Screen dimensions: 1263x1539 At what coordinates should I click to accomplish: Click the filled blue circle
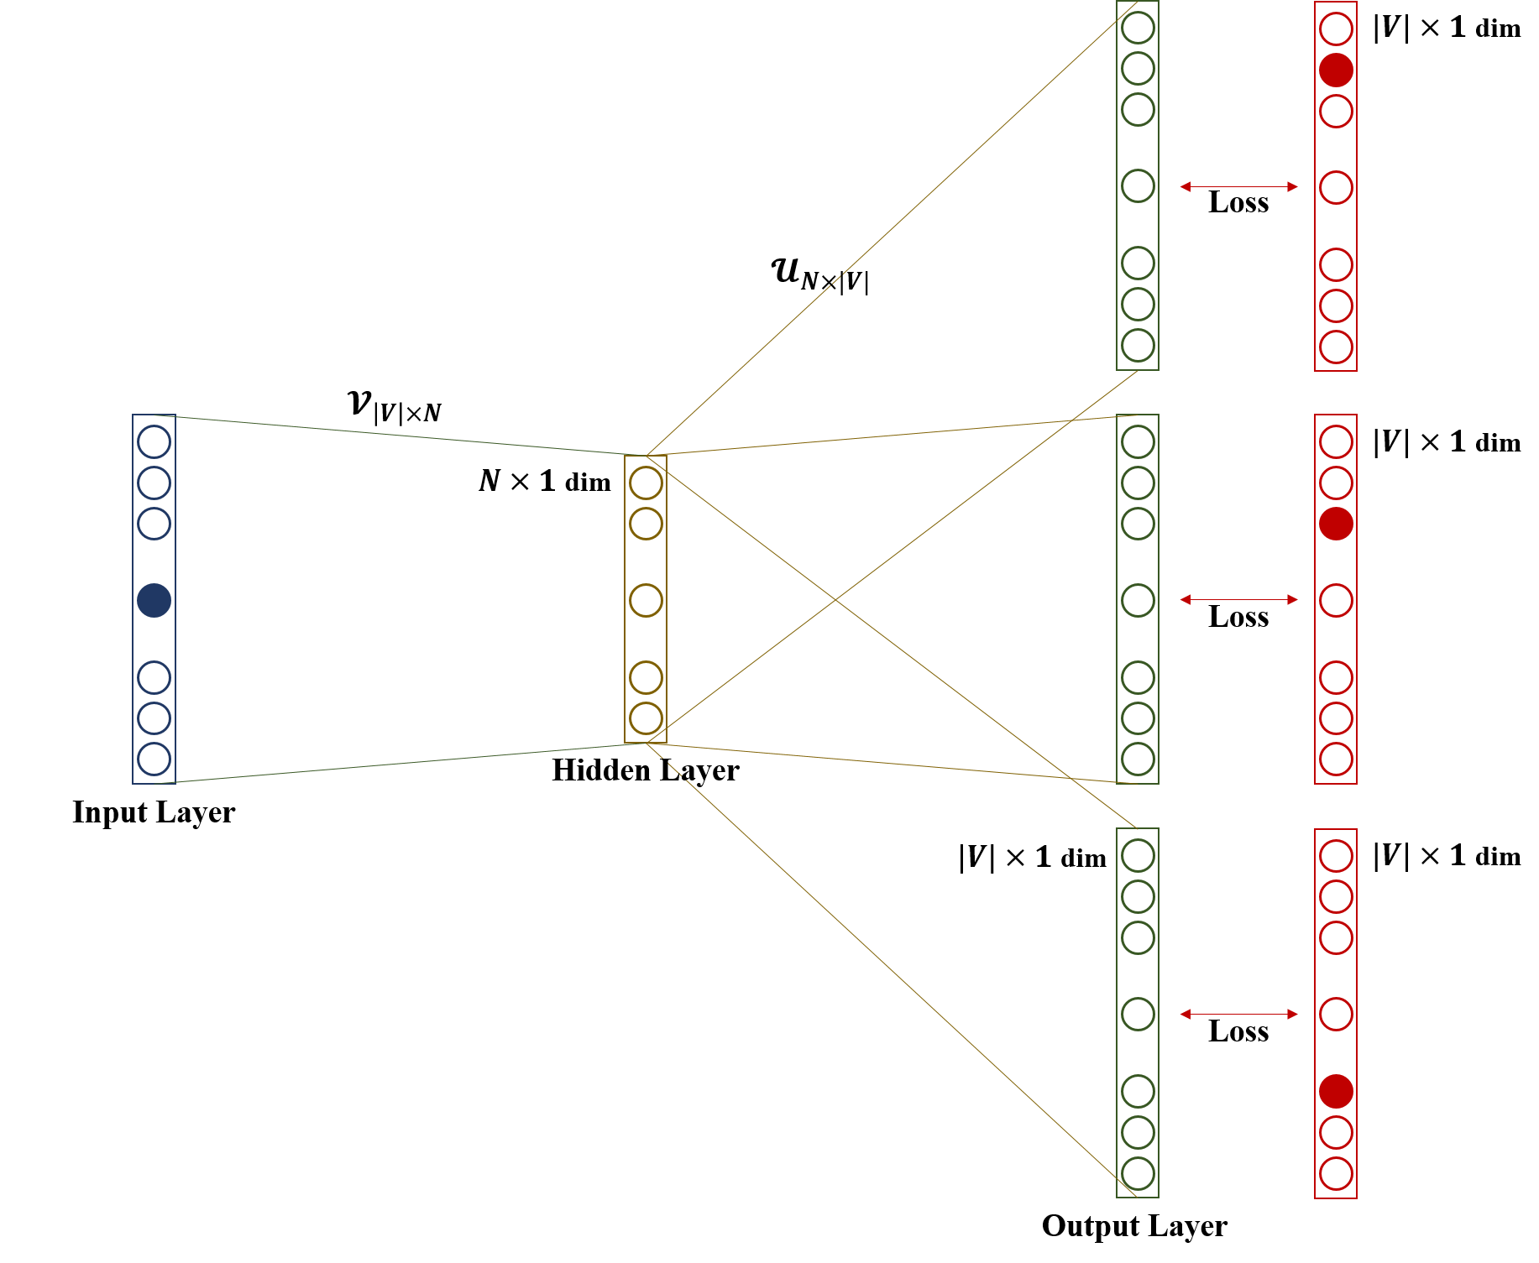154,600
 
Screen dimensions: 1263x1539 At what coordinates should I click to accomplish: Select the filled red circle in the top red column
1336,70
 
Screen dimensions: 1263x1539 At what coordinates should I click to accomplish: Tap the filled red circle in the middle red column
1336,524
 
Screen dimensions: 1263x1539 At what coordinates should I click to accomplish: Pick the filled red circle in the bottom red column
1336,1091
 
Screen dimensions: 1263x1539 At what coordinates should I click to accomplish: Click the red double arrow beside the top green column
1238,186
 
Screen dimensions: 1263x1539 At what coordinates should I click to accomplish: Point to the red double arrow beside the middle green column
1238,599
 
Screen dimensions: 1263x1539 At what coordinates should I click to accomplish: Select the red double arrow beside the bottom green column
1238,1014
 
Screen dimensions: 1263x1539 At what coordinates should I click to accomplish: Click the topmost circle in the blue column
154,441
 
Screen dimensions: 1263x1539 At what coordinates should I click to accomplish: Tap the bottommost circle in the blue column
154,759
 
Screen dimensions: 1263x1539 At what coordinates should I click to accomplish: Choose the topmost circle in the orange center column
646,483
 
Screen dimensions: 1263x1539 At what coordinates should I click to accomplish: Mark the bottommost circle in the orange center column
646,718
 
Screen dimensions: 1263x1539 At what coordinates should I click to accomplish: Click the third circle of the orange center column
646,600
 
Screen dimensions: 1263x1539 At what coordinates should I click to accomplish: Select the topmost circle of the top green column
1138,27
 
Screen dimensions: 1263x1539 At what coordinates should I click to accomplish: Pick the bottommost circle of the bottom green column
1138,1173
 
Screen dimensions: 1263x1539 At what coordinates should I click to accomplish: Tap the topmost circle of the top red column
1336,29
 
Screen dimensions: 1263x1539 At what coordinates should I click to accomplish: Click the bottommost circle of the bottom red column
1336,1173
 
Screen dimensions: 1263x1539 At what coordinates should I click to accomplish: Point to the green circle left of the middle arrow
1138,600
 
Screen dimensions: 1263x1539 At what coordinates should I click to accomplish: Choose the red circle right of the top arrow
1336,187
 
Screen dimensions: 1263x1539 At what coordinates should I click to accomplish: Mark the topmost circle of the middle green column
1138,441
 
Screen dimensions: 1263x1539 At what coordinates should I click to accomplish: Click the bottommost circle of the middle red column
1336,759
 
